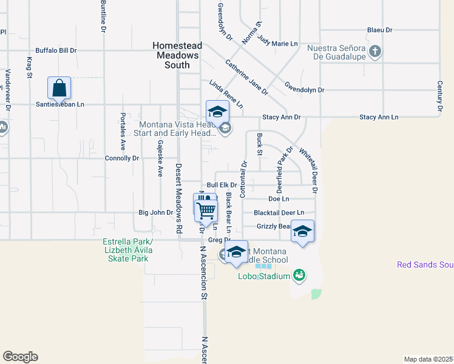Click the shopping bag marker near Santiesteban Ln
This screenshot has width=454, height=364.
(x=59, y=89)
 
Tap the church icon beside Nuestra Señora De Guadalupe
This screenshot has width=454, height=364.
(x=375, y=51)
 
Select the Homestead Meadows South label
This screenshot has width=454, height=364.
(x=176, y=55)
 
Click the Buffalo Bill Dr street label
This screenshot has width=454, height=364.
(x=56, y=51)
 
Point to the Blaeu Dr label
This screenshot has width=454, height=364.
(x=380, y=30)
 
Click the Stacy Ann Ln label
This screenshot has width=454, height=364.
(x=379, y=117)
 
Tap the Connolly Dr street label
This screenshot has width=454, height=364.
(x=122, y=158)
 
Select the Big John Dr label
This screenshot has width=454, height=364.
(x=156, y=212)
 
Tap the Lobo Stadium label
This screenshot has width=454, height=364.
(x=262, y=277)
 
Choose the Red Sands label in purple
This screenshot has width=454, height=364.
(x=425, y=265)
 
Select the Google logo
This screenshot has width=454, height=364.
(x=20, y=357)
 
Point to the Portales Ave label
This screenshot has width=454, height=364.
(x=123, y=132)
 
